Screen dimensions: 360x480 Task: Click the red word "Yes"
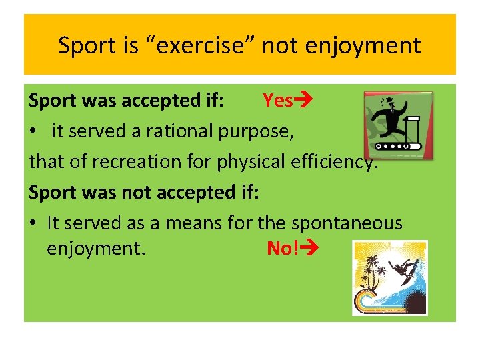277,101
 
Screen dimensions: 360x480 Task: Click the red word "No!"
283,249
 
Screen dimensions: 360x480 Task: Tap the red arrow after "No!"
311,249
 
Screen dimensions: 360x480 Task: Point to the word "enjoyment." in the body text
96,249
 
